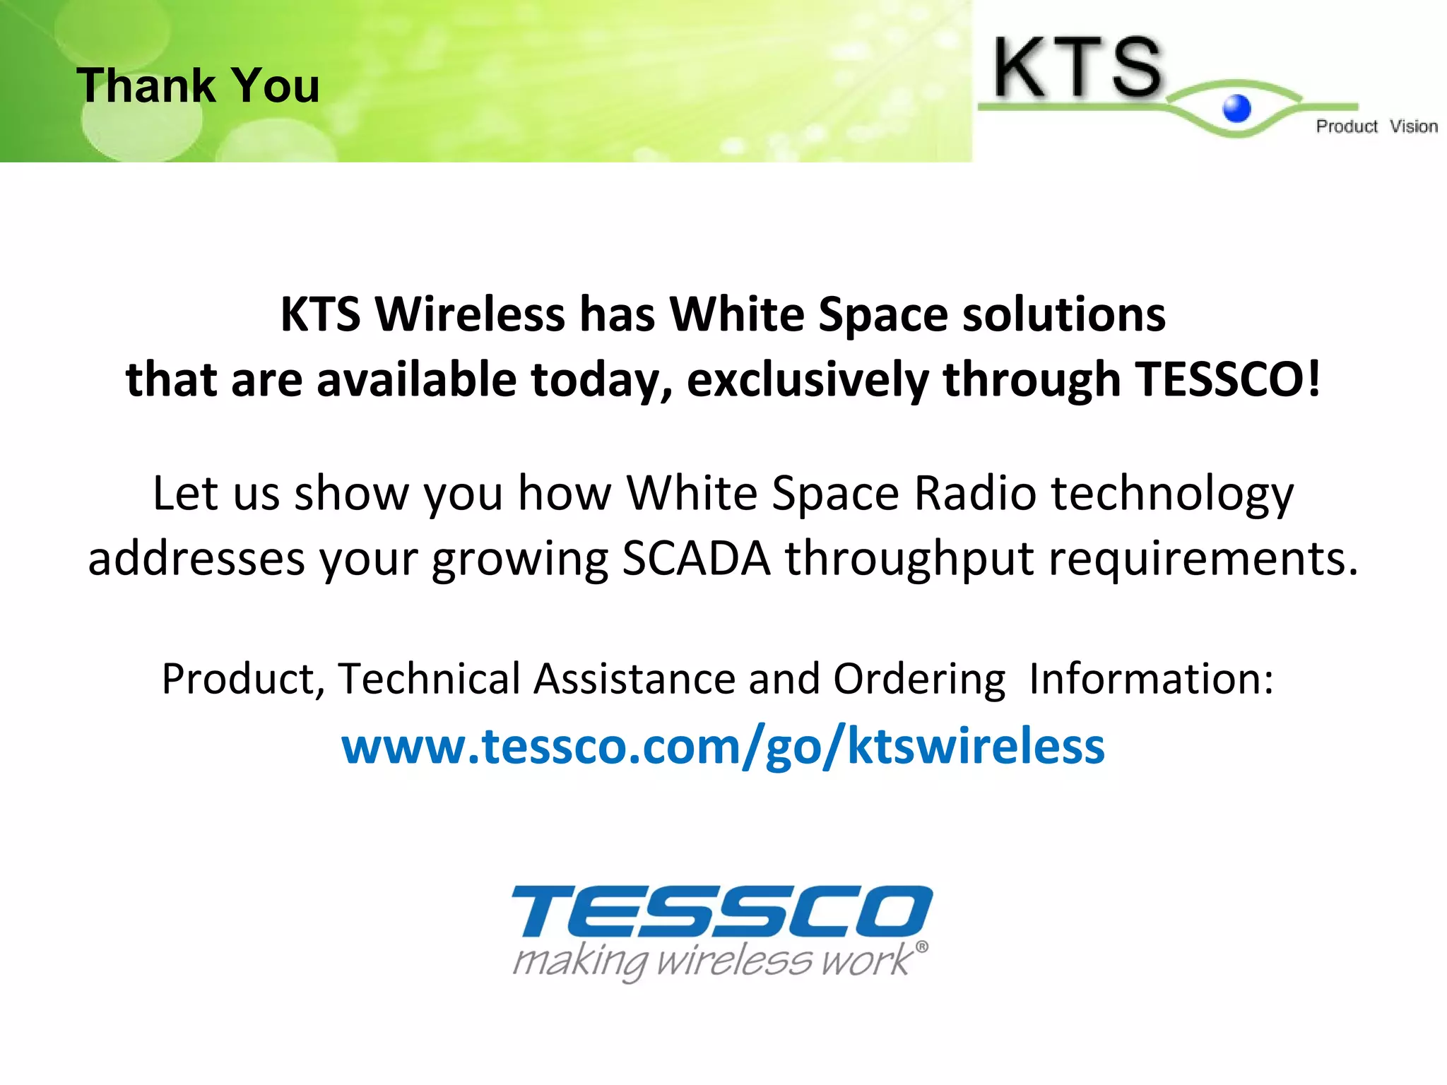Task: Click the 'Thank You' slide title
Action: (x=198, y=85)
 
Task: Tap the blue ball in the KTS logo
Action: (x=1236, y=109)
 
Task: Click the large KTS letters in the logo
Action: (x=1077, y=68)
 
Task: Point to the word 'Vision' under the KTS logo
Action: (x=1413, y=126)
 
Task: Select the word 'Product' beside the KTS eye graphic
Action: (x=1346, y=126)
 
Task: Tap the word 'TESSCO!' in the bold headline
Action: (x=1228, y=379)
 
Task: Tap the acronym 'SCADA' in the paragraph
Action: (x=696, y=558)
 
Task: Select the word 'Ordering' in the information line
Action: (x=919, y=680)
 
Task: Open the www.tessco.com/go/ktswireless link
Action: (x=723, y=746)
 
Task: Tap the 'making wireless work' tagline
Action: (x=714, y=961)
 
